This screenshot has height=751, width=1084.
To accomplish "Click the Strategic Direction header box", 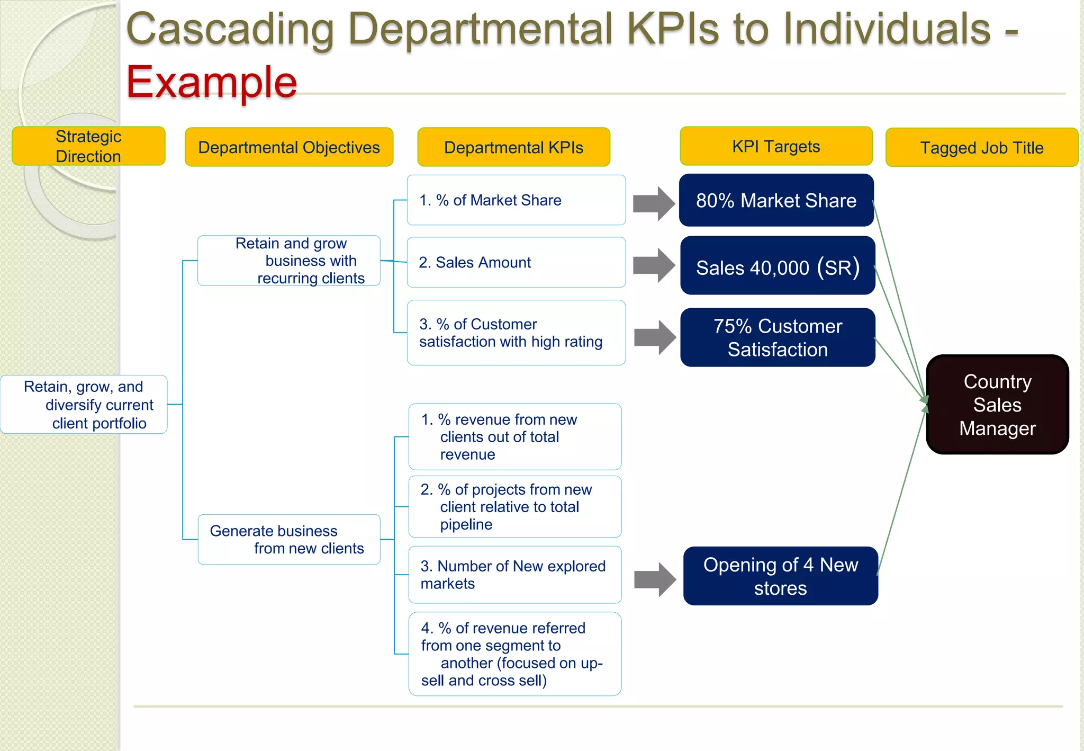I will [88, 146].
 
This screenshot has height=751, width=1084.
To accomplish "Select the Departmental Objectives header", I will [289, 147].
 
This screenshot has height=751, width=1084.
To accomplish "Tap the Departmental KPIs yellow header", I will [513, 147].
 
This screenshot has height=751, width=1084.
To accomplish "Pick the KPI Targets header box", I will [776, 146].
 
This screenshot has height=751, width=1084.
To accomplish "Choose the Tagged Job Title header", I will [982, 148].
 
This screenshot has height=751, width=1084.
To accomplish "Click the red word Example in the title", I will [212, 83].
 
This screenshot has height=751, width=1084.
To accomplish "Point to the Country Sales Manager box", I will [997, 405].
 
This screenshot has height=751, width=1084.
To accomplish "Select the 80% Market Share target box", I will [776, 201].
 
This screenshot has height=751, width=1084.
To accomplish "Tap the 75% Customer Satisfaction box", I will [777, 338].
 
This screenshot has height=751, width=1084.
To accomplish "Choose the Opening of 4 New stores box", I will [780, 576].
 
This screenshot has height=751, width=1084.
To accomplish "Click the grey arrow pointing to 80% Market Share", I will [654, 203].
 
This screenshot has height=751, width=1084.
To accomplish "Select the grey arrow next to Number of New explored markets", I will [655, 579].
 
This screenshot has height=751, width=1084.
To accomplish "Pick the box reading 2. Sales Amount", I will [516, 263].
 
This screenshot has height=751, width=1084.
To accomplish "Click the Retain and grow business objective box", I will [289, 261].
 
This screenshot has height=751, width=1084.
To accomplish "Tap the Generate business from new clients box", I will [289, 539].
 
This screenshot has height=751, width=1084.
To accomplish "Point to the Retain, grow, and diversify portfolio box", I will [84, 405].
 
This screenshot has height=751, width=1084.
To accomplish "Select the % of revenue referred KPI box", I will [514, 654].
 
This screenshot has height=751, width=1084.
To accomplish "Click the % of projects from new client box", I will [514, 507].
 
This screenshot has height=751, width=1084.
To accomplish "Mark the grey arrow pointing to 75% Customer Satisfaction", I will [655, 337].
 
